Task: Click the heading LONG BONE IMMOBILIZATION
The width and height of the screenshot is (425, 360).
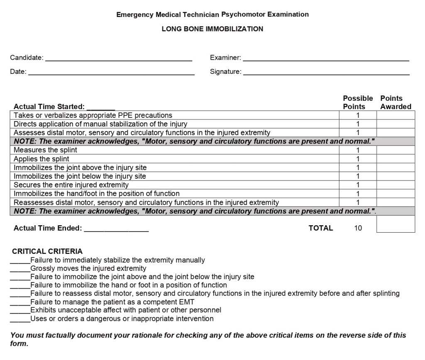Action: click(x=212, y=29)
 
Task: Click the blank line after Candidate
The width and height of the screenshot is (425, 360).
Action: click(x=118, y=59)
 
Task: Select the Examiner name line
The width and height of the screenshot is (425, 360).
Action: click(x=326, y=59)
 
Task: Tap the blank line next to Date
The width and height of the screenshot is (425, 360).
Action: click(x=111, y=73)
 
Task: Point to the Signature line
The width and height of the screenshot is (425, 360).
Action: click(x=326, y=73)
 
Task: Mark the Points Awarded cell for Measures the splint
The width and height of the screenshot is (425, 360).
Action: click(x=396, y=150)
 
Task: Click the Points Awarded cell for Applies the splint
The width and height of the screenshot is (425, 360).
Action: click(x=396, y=159)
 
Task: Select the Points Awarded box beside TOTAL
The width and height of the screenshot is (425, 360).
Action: click(x=396, y=224)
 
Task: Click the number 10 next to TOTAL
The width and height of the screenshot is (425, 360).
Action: click(x=358, y=228)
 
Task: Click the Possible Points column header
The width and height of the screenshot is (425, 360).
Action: click(x=358, y=102)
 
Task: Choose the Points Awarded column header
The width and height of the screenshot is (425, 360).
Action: click(x=396, y=102)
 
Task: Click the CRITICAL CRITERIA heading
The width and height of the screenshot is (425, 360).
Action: click(x=47, y=251)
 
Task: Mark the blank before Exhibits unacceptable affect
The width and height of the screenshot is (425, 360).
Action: click(x=20, y=311)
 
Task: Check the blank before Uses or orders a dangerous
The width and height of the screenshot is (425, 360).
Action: click(x=20, y=320)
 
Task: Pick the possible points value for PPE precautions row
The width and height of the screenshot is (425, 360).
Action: click(x=358, y=115)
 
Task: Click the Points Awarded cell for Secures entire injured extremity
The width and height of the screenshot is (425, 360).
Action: click(x=396, y=185)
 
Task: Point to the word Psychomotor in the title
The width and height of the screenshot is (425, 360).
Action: click(x=245, y=15)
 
